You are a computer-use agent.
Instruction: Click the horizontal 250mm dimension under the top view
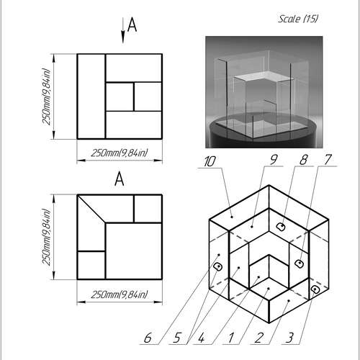(119, 152)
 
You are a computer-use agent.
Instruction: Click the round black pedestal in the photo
(261, 137)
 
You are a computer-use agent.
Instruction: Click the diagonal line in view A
(92, 209)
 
